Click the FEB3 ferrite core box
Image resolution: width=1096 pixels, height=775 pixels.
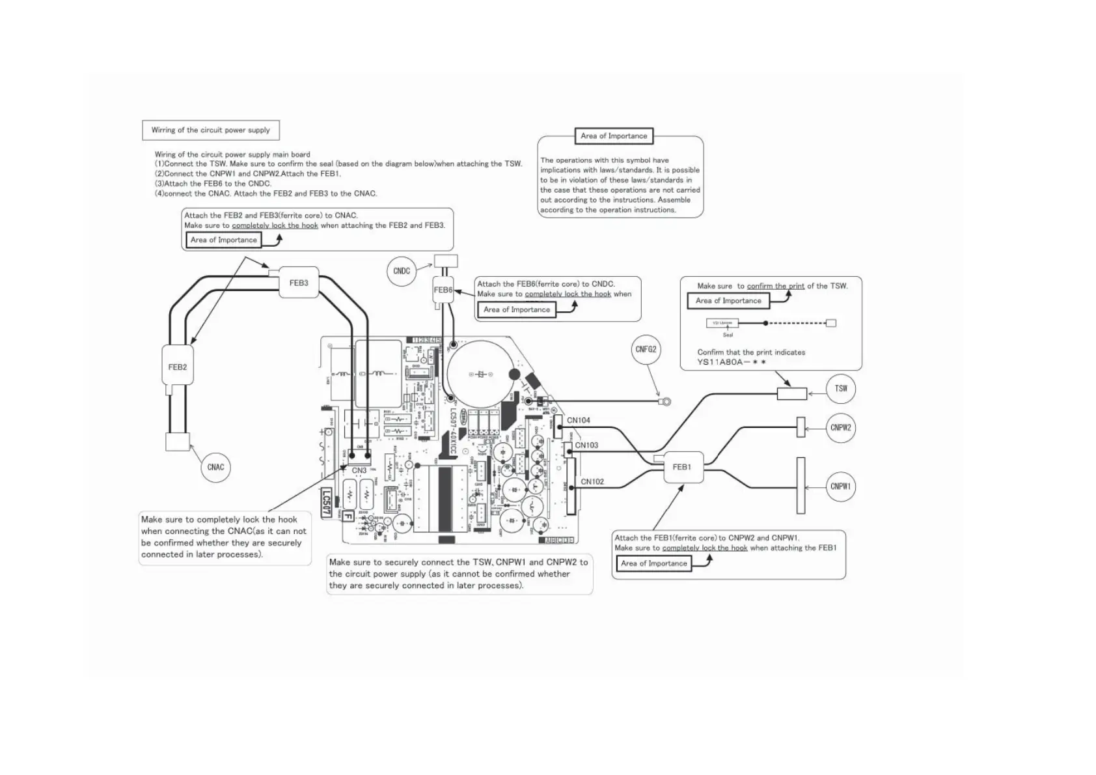299,283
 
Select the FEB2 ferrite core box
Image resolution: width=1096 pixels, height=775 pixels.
178,367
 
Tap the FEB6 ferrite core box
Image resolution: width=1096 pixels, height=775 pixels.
443,290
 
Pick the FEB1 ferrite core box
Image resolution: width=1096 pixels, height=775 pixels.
683,467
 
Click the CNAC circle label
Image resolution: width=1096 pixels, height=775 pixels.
215,467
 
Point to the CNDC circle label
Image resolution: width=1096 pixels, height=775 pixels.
402,271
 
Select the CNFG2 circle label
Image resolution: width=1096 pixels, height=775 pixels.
646,350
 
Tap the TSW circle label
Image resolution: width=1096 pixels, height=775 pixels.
841,389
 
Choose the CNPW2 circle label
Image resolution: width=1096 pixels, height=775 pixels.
840,428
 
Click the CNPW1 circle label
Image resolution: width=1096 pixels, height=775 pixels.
840,486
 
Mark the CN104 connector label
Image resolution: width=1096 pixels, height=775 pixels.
579,421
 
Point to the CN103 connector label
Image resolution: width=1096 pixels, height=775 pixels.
586,445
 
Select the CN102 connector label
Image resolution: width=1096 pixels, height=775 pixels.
592,482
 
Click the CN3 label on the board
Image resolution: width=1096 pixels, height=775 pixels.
359,470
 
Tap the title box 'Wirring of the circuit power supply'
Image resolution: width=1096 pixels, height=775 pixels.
210,130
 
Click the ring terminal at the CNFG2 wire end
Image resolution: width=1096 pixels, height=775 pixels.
664,402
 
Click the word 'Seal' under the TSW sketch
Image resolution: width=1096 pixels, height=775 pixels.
728,335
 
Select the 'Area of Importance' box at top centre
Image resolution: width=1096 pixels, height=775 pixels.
614,136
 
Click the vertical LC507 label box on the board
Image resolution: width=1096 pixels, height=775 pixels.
327,503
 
